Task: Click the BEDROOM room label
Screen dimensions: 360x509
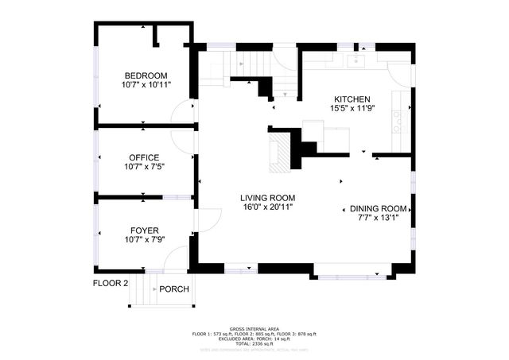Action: coord(146,75)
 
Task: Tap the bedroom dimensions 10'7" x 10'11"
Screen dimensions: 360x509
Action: coord(146,84)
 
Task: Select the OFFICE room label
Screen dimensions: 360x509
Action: coord(145,157)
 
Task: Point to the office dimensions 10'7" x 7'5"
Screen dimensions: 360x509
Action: coord(145,167)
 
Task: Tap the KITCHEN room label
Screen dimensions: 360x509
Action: coord(352,99)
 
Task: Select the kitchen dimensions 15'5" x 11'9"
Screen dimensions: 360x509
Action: coord(352,108)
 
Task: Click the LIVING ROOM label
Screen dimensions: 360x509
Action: coord(269,198)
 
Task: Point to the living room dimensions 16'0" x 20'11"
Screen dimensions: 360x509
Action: coord(269,207)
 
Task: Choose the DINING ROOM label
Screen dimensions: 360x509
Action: coord(379,209)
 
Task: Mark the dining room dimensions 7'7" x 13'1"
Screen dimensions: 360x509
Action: coord(379,219)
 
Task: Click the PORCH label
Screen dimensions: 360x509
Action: coord(174,289)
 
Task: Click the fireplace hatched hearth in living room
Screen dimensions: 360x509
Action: coord(278,153)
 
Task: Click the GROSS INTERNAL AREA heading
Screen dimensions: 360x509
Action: coord(254,328)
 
